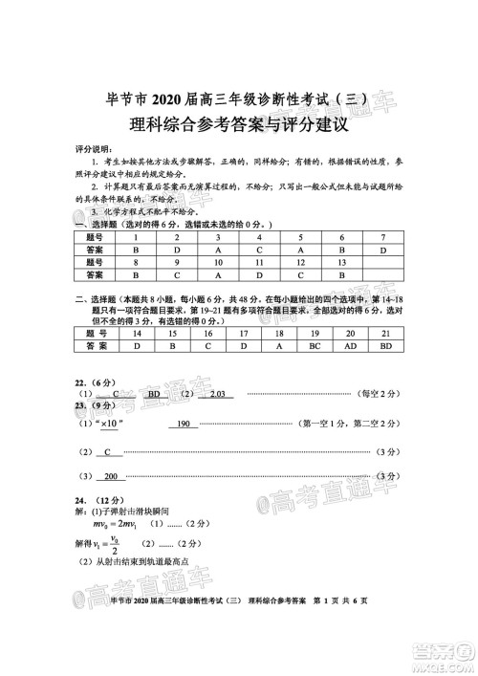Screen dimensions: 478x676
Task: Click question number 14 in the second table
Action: [138, 335]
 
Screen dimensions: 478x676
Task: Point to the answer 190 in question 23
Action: [186, 423]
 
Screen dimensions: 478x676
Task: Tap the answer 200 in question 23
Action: [110, 476]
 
